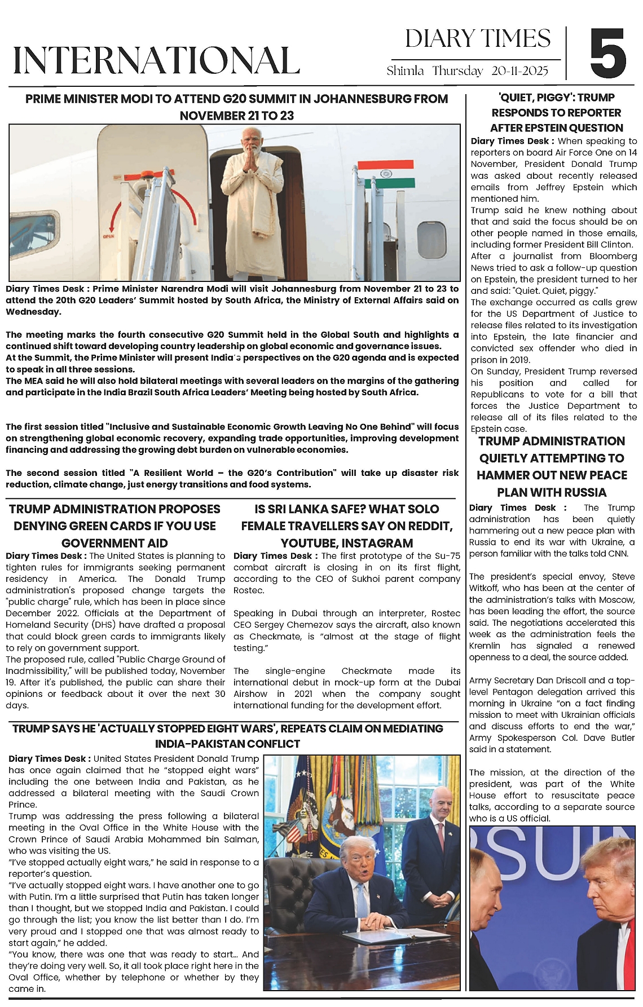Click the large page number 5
(x=607, y=54)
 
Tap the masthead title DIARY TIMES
(x=478, y=39)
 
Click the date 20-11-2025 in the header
(x=519, y=71)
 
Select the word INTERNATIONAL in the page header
(x=156, y=60)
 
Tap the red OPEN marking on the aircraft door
(x=108, y=236)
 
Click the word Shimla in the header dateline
(x=406, y=71)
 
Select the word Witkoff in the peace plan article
(x=487, y=588)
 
